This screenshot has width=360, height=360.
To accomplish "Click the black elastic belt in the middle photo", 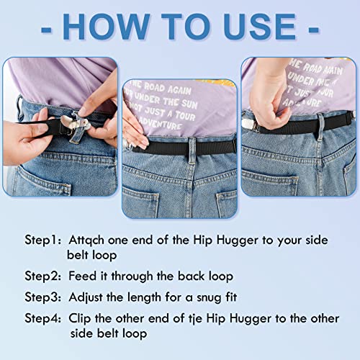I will [x=180, y=145].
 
